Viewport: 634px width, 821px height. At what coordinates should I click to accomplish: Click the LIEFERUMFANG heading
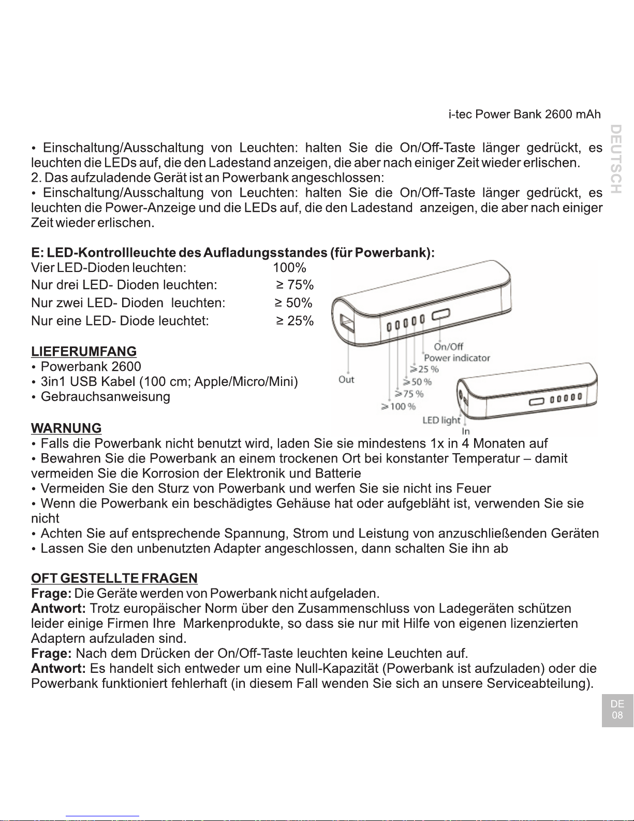coord(84,351)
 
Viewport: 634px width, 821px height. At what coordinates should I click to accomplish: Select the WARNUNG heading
coord(66,428)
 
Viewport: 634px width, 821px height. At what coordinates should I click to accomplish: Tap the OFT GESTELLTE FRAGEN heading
coord(114,578)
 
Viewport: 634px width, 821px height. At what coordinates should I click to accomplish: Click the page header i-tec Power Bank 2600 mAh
coord(525,114)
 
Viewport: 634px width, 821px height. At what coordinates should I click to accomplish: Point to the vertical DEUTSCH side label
coord(615,159)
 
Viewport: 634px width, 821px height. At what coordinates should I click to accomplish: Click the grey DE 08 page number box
coord(617,710)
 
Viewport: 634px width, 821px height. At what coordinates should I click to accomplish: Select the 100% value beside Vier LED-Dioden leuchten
coord(290,268)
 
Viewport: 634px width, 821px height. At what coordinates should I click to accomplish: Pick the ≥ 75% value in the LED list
coord(294,285)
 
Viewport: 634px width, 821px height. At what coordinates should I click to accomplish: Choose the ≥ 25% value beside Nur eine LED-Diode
coord(294,321)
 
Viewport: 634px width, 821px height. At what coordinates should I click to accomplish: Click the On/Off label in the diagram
coord(448,347)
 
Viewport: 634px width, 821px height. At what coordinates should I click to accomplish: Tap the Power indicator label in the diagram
coord(456,358)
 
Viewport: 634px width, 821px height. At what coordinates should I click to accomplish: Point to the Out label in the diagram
coord(346,380)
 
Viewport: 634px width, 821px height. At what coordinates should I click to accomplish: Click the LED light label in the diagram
coord(441,420)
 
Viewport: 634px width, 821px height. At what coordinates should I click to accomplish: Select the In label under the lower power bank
coord(466,431)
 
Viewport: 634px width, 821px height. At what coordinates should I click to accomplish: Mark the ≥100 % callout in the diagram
coord(399,407)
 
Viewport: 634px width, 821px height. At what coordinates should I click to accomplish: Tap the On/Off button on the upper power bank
coord(441,314)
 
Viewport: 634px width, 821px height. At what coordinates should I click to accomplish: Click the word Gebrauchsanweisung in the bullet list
coord(105,397)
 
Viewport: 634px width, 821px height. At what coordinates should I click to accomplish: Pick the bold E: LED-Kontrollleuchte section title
coord(233,253)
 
